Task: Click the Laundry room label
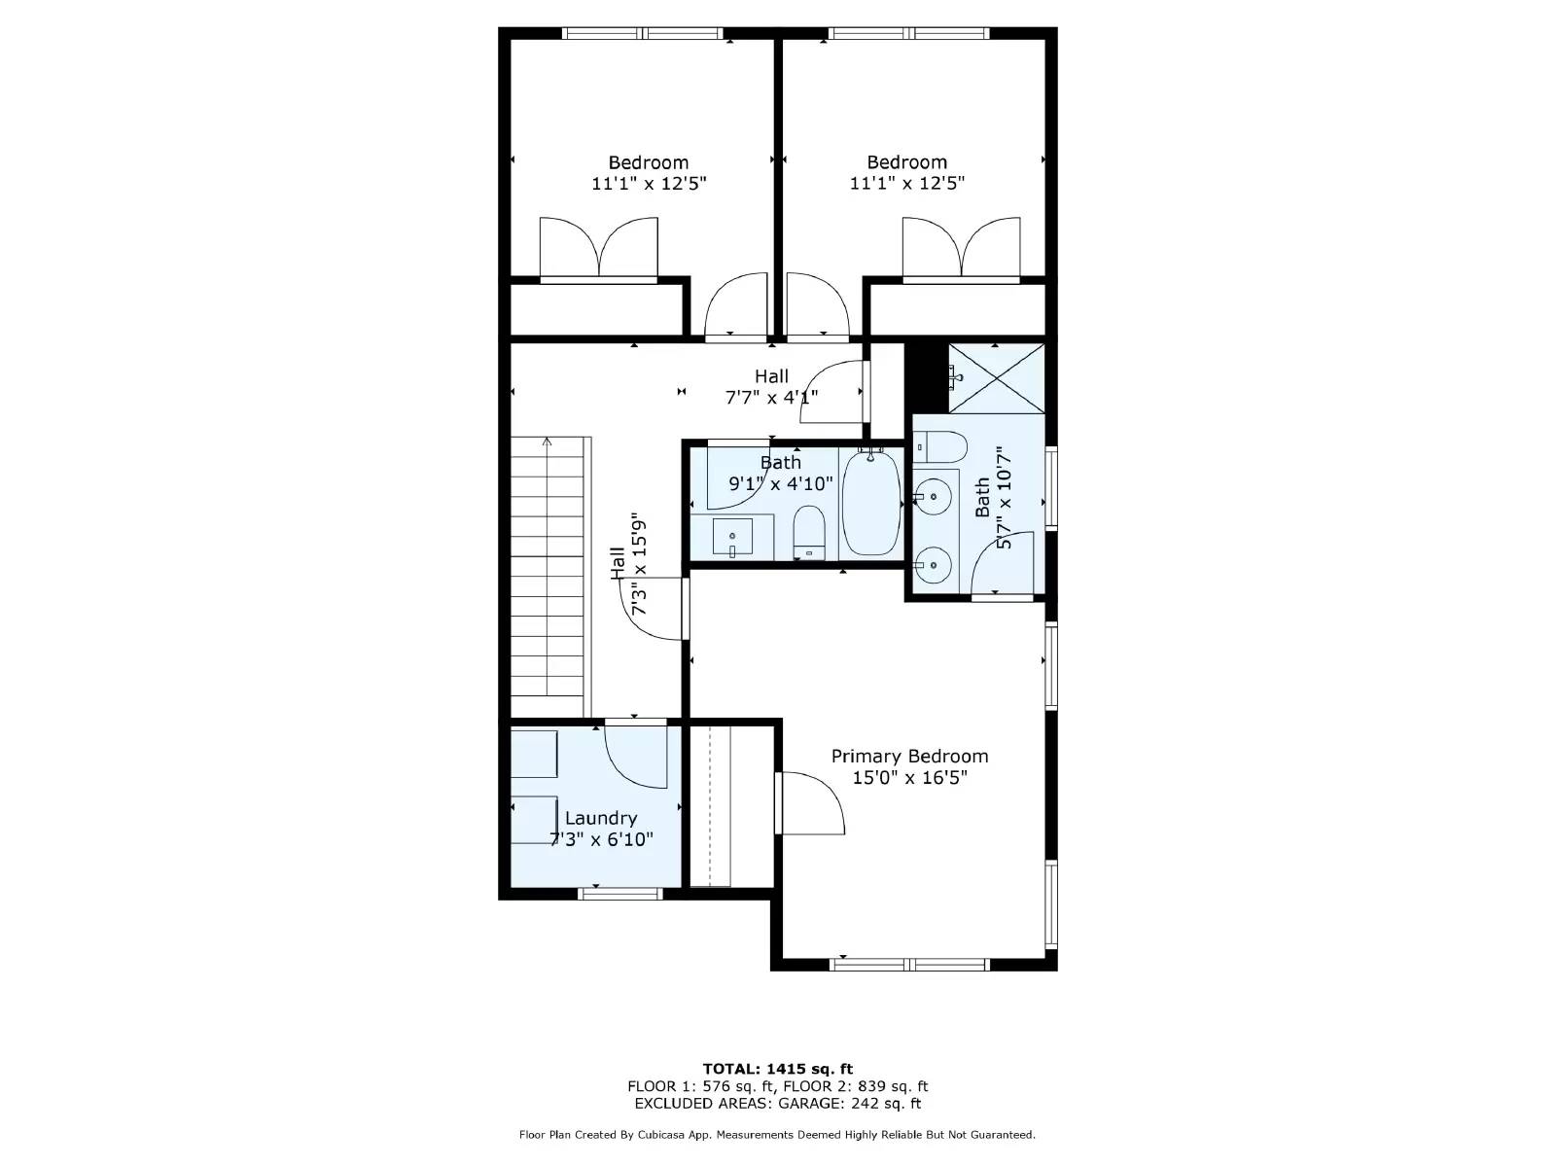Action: (x=601, y=818)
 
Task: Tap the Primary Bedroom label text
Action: (x=909, y=756)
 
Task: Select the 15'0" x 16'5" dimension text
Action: (x=909, y=778)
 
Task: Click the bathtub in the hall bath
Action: (x=871, y=502)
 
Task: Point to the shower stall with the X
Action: (x=996, y=378)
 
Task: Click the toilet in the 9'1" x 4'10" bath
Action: (x=809, y=534)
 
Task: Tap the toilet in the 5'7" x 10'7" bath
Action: (x=942, y=447)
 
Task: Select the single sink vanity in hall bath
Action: (x=732, y=538)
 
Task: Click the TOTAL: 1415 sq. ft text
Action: (x=778, y=1069)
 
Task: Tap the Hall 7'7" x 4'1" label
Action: (x=771, y=386)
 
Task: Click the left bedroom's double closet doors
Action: (x=599, y=249)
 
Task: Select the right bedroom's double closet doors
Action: (x=961, y=249)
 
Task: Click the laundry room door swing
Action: (x=635, y=755)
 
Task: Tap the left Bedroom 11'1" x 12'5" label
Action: (x=649, y=172)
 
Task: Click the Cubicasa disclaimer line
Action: (x=778, y=1134)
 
